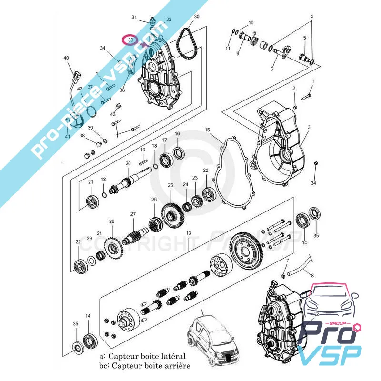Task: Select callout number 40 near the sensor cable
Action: (x=66, y=58)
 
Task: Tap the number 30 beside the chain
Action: (x=197, y=17)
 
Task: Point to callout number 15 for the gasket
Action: (x=207, y=130)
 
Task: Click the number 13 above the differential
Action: (x=189, y=233)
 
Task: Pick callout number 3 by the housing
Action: (x=309, y=127)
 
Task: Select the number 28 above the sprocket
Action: (x=112, y=221)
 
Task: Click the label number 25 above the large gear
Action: (x=170, y=185)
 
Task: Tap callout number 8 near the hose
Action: (x=311, y=275)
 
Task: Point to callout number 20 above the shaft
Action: (x=128, y=163)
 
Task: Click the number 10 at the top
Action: (x=251, y=22)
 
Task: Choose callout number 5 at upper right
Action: (x=304, y=38)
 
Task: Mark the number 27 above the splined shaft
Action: (x=133, y=214)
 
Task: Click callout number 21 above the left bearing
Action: (x=90, y=182)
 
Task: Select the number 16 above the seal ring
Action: (x=177, y=134)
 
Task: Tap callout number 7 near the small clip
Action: (x=287, y=261)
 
